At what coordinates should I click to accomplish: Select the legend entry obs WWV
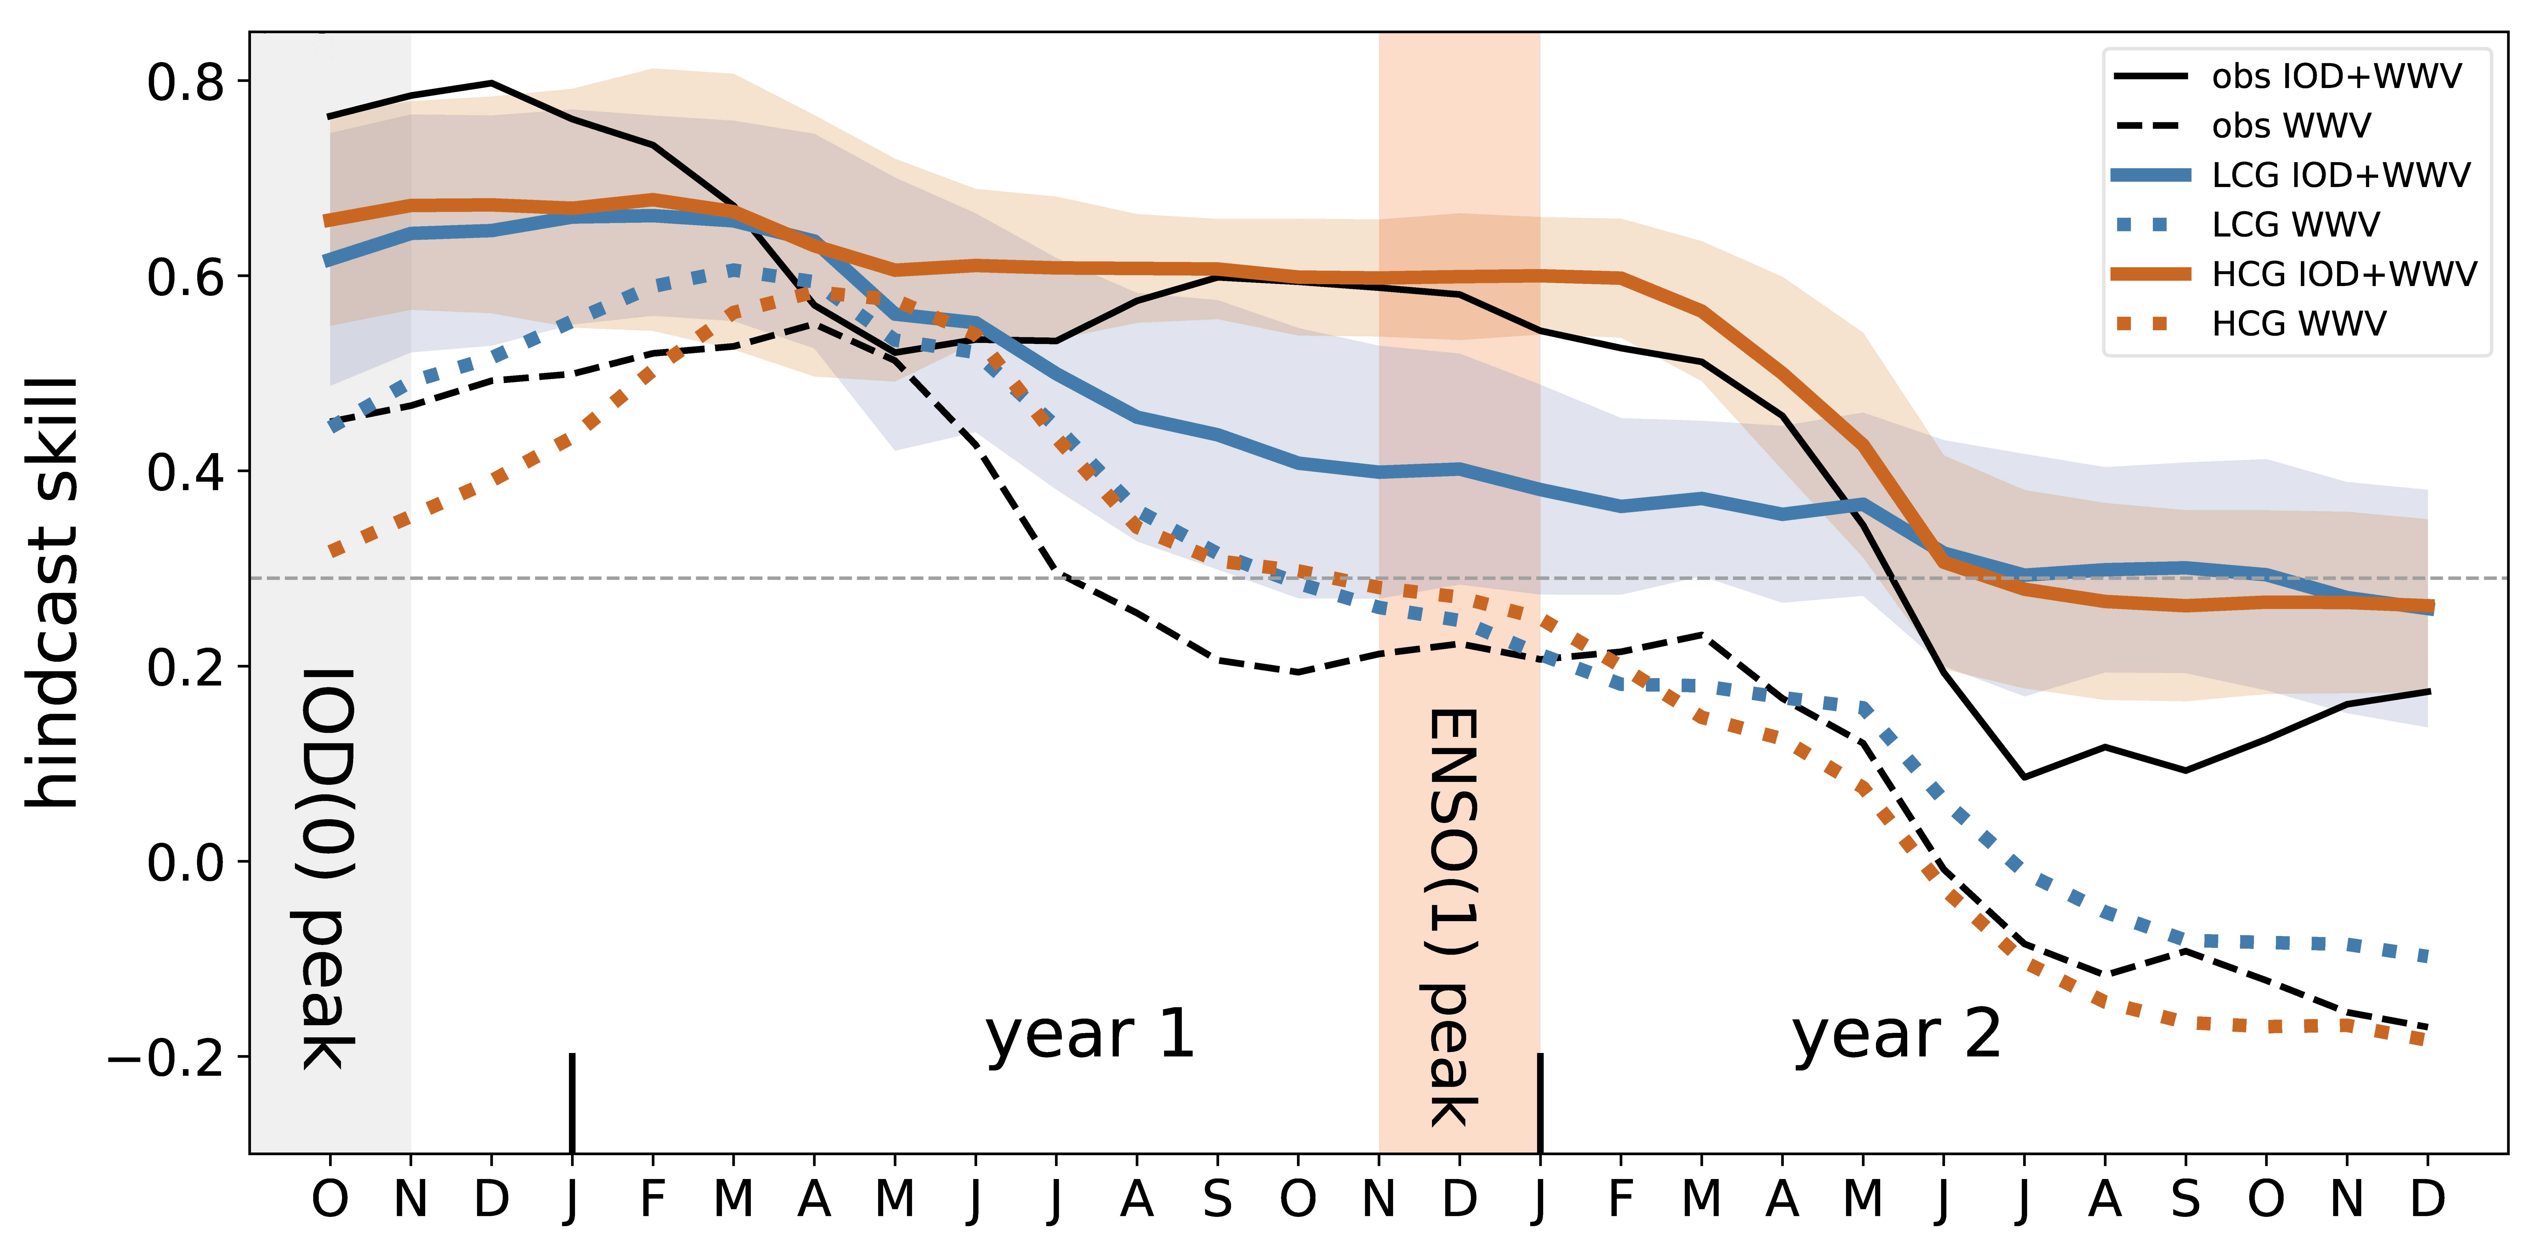[x=2291, y=126]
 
